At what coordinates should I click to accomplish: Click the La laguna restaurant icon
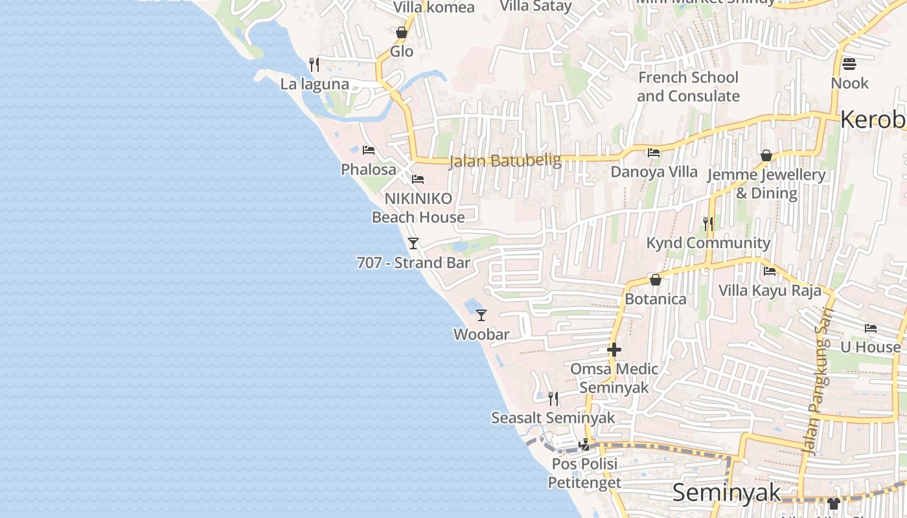click(314, 64)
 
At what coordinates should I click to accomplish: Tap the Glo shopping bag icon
click(402, 32)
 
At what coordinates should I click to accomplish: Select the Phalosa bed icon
click(369, 150)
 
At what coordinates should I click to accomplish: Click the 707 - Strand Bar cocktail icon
click(413, 243)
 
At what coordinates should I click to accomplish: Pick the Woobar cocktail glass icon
click(481, 315)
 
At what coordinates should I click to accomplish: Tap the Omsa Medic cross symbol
click(614, 350)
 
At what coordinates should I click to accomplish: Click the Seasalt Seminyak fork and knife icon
click(553, 398)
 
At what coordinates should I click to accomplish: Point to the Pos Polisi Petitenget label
click(584, 473)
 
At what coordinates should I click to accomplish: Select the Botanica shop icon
click(656, 280)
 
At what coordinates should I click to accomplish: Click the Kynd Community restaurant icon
click(708, 224)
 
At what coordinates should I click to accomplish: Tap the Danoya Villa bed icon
click(654, 153)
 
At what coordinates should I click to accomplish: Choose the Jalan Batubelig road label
click(505, 161)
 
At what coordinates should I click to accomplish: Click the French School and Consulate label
click(688, 87)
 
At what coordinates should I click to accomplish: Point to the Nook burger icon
click(849, 64)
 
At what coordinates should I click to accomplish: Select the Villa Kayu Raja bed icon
click(770, 271)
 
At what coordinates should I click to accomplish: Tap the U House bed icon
click(871, 328)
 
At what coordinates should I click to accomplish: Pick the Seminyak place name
click(727, 493)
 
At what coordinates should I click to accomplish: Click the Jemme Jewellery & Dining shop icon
click(766, 156)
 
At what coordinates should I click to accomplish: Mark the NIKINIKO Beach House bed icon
click(418, 179)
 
